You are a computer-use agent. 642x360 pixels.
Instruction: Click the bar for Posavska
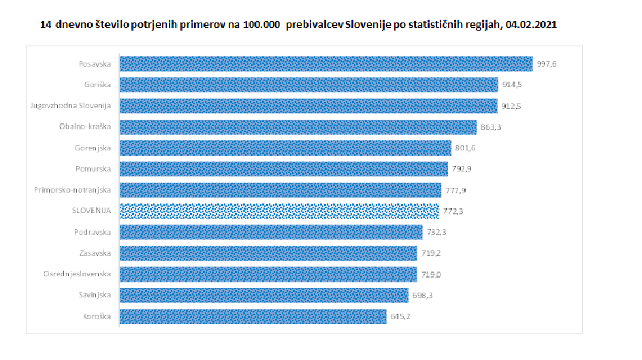click(325, 64)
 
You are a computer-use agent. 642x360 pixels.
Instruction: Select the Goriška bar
click(308, 85)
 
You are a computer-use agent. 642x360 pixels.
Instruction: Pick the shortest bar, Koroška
click(253, 316)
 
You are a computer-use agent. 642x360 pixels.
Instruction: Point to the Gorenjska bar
click(285, 148)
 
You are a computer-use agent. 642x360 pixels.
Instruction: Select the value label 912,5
click(512, 106)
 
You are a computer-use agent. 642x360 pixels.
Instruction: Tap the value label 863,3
click(490, 127)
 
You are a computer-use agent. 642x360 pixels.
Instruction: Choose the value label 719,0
click(431, 274)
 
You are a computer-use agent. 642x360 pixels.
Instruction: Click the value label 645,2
click(401, 316)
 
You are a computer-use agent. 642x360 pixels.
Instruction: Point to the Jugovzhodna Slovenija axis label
click(71, 106)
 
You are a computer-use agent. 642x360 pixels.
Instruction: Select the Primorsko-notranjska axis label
click(73, 191)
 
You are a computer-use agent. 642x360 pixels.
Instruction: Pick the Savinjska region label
click(95, 295)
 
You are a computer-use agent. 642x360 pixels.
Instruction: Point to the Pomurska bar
click(281, 169)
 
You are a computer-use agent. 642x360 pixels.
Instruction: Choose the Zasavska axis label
click(95, 253)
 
